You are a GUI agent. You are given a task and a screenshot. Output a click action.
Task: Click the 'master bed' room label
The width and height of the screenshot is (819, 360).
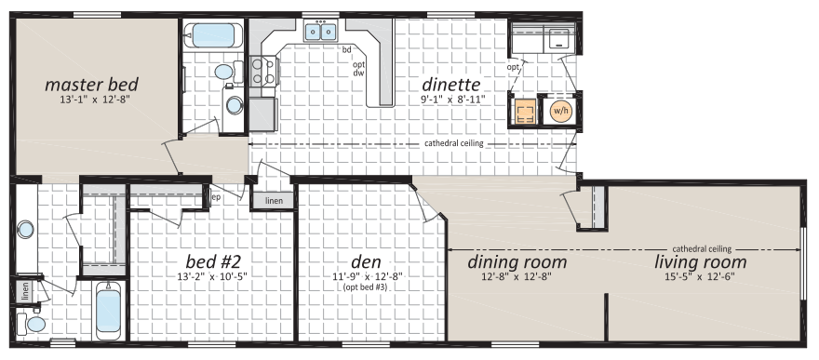tap(91, 84)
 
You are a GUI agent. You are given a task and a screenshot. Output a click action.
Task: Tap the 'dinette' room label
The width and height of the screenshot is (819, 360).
tap(450, 84)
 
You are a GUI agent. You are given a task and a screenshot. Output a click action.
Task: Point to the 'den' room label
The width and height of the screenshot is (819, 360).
tap(366, 260)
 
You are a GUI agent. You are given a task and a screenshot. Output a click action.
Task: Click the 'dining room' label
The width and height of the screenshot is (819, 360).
tap(517, 261)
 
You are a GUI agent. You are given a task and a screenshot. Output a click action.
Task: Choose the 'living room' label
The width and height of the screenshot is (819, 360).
tap(701, 261)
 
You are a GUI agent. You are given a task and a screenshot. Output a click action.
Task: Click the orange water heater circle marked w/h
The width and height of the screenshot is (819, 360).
tap(559, 111)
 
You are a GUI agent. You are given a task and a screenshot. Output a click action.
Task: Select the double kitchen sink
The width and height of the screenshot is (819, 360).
tap(321, 32)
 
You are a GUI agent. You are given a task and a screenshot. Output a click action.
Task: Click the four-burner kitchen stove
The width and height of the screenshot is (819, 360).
tap(262, 71)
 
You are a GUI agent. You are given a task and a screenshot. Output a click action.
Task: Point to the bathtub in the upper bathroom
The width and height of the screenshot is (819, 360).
tap(212, 35)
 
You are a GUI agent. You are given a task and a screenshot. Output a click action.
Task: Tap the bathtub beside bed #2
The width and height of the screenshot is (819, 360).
tap(109, 311)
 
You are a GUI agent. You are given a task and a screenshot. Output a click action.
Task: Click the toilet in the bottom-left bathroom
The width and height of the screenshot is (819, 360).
tap(32, 324)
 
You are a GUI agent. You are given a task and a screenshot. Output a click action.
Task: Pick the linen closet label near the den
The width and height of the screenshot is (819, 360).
tap(275, 201)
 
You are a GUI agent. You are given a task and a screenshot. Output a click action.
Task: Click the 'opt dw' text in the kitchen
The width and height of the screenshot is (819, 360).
tap(358, 69)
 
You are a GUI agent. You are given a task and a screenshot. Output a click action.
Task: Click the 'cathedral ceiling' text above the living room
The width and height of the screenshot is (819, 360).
tap(702, 249)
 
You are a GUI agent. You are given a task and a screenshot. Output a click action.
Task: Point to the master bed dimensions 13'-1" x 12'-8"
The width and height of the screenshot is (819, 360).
tap(91, 100)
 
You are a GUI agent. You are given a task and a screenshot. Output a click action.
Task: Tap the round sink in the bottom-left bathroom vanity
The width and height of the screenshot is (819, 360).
tap(24, 229)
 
